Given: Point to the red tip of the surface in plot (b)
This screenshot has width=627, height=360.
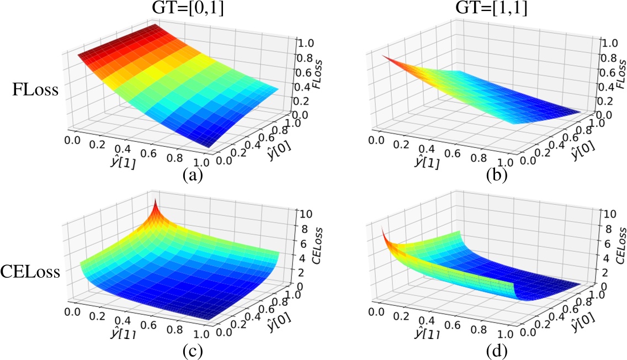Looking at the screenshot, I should pos(382,56).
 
